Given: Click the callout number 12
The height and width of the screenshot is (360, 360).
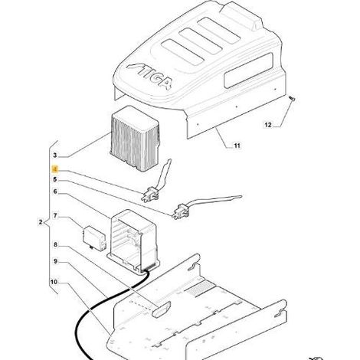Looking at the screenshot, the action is point(268,125).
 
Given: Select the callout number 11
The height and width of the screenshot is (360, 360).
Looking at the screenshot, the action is point(237,146).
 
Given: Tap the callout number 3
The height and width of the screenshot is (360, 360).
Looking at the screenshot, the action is point(55,155).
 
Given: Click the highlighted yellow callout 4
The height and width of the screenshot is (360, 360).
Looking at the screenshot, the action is point(55,169).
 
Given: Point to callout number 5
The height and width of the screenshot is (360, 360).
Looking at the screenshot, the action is point(55,179).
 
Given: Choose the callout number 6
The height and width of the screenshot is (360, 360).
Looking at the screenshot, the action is point(55,191).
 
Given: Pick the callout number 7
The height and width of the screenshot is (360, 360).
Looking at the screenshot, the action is point(55,216).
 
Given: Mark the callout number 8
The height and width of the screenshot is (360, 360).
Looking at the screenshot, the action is point(55,244).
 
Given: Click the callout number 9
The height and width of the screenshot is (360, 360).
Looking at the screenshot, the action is point(55,261).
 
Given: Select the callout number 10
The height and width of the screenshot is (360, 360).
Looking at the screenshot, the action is point(54,282).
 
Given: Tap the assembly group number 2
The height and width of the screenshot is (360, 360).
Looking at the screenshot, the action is point(41,222).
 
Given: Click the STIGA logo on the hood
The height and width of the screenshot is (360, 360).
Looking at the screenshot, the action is point(150,76).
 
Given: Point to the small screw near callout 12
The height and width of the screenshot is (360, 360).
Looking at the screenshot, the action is point(292,98).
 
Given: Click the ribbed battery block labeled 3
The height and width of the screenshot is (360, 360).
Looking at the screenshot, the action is point(135,138).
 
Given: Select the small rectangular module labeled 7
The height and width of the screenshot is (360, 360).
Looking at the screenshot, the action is point(94,237).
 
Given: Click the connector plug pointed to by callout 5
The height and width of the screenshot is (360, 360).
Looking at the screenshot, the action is point(181,211).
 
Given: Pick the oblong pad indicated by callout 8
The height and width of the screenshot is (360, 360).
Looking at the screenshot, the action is point(161,309).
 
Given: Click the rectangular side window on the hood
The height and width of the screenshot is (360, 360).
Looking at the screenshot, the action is point(248,70).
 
